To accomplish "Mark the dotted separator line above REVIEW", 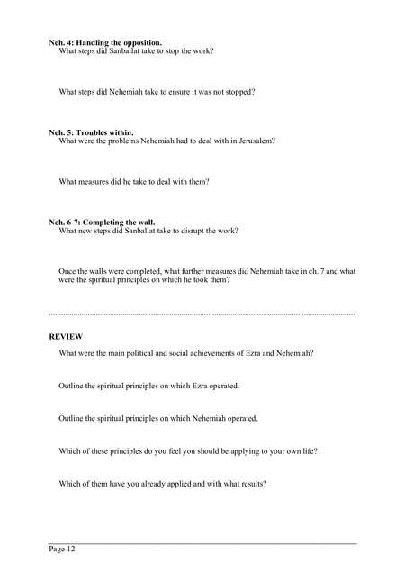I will (202, 312).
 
